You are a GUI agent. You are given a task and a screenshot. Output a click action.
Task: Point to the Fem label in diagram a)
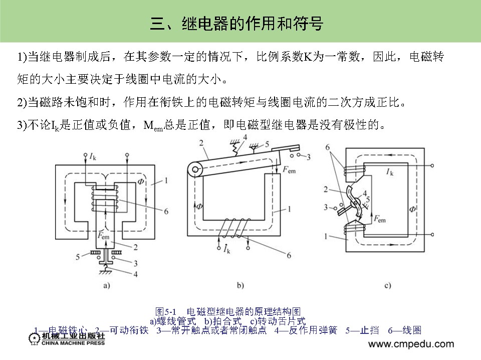click(104, 235)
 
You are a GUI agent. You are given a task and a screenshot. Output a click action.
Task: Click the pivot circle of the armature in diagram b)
click(192, 171)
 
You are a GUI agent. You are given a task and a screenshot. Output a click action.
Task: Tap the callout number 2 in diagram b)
click(200, 144)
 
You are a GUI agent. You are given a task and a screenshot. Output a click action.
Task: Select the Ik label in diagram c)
click(389, 172)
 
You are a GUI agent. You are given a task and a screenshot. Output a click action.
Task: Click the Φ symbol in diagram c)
click(412, 208)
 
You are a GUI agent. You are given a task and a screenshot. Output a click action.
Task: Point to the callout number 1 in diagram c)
click(328, 235)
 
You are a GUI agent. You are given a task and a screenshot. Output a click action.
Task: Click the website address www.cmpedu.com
click(411, 344)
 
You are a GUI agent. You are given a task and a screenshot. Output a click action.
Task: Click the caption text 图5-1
click(164, 311)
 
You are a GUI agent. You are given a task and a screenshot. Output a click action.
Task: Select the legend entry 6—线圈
click(404, 330)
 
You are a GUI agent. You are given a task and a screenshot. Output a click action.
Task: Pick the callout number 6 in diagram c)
click(328, 148)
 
